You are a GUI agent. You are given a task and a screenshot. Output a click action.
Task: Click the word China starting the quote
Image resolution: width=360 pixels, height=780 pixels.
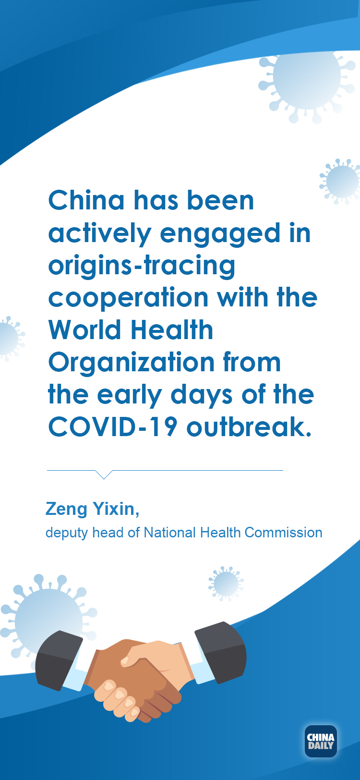(86, 200)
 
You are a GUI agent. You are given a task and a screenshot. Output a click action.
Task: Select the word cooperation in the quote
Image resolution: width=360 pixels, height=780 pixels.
(128, 298)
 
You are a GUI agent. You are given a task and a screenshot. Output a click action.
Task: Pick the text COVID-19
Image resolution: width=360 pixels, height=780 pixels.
(113, 427)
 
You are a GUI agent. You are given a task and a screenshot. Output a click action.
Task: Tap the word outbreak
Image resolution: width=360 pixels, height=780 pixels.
(249, 426)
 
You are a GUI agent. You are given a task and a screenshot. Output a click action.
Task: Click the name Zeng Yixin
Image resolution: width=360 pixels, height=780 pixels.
(92, 509)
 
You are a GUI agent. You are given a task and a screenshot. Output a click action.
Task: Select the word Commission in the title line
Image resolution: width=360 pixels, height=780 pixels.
(283, 533)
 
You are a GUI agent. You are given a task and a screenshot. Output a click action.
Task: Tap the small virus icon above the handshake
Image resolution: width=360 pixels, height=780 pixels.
(226, 584)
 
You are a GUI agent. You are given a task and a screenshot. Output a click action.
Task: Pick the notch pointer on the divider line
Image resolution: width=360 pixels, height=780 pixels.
(104, 474)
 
